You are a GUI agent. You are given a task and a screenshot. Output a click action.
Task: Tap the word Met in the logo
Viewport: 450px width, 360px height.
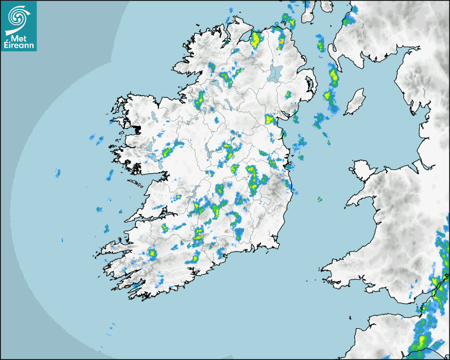pos(19,39)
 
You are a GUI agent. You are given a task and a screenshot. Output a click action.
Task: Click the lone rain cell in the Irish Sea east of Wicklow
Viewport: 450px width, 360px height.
pos(320,199)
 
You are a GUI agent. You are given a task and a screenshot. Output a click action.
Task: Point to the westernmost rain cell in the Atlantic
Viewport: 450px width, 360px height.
pos(58,173)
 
